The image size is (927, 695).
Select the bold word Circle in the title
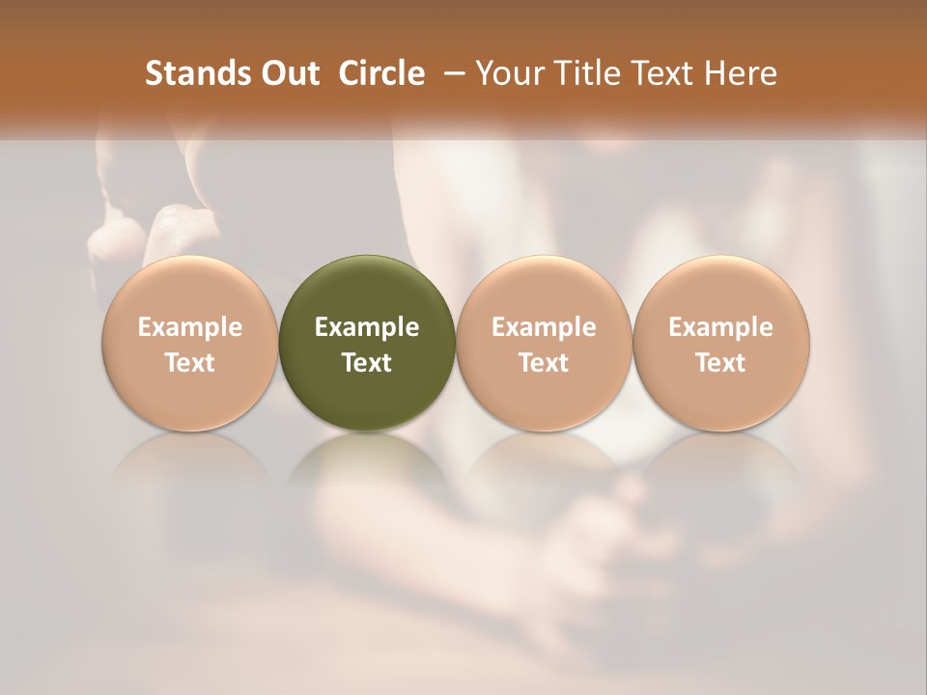(381, 73)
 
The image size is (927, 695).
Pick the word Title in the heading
(585, 73)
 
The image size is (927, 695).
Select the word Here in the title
(743, 73)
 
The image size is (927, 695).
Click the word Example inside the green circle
(367, 327)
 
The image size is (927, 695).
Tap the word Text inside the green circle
(367, 363)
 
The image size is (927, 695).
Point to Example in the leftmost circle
(190, 327)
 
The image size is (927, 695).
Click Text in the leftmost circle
(190, 363)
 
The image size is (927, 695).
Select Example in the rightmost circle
(721, 327)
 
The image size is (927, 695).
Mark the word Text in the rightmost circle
(721, 363)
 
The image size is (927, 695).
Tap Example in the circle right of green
(544, 327)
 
